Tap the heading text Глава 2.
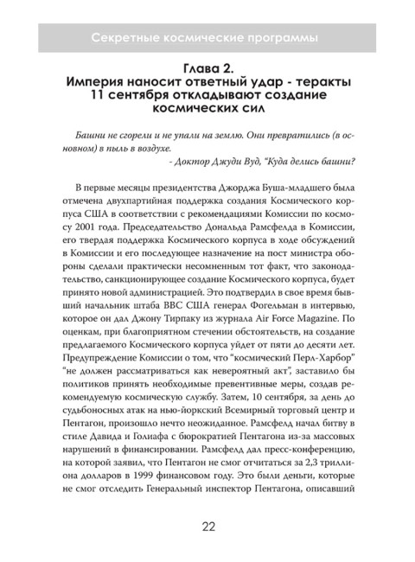click(x=207, y=67)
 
